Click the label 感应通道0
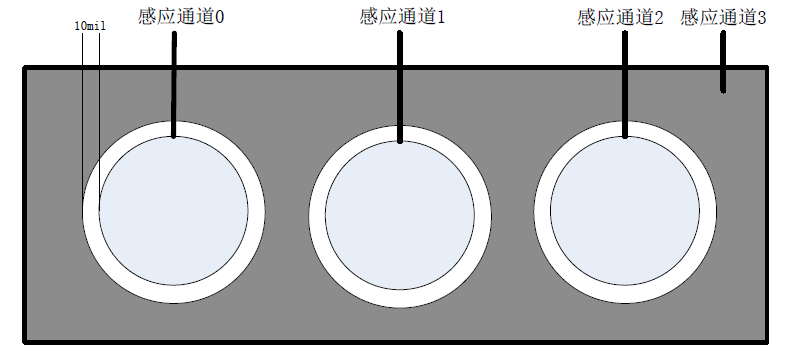180,19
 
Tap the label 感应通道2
620,19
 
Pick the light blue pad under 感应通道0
173,211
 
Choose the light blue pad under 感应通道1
400,215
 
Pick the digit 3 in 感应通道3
762,18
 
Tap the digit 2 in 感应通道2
659,19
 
